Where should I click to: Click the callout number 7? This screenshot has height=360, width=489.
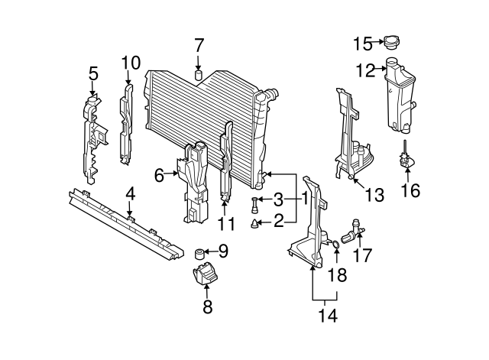click(x=199, y=44)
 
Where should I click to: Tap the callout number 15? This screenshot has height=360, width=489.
click(x=362, y=41)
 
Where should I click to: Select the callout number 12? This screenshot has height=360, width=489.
click(x=365, y=71)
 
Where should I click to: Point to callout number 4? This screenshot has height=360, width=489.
click(x=131, y=194)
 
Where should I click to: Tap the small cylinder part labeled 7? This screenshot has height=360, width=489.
click(x=199, y=76)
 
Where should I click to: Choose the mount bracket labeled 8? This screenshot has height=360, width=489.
click(x=206, y=277)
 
